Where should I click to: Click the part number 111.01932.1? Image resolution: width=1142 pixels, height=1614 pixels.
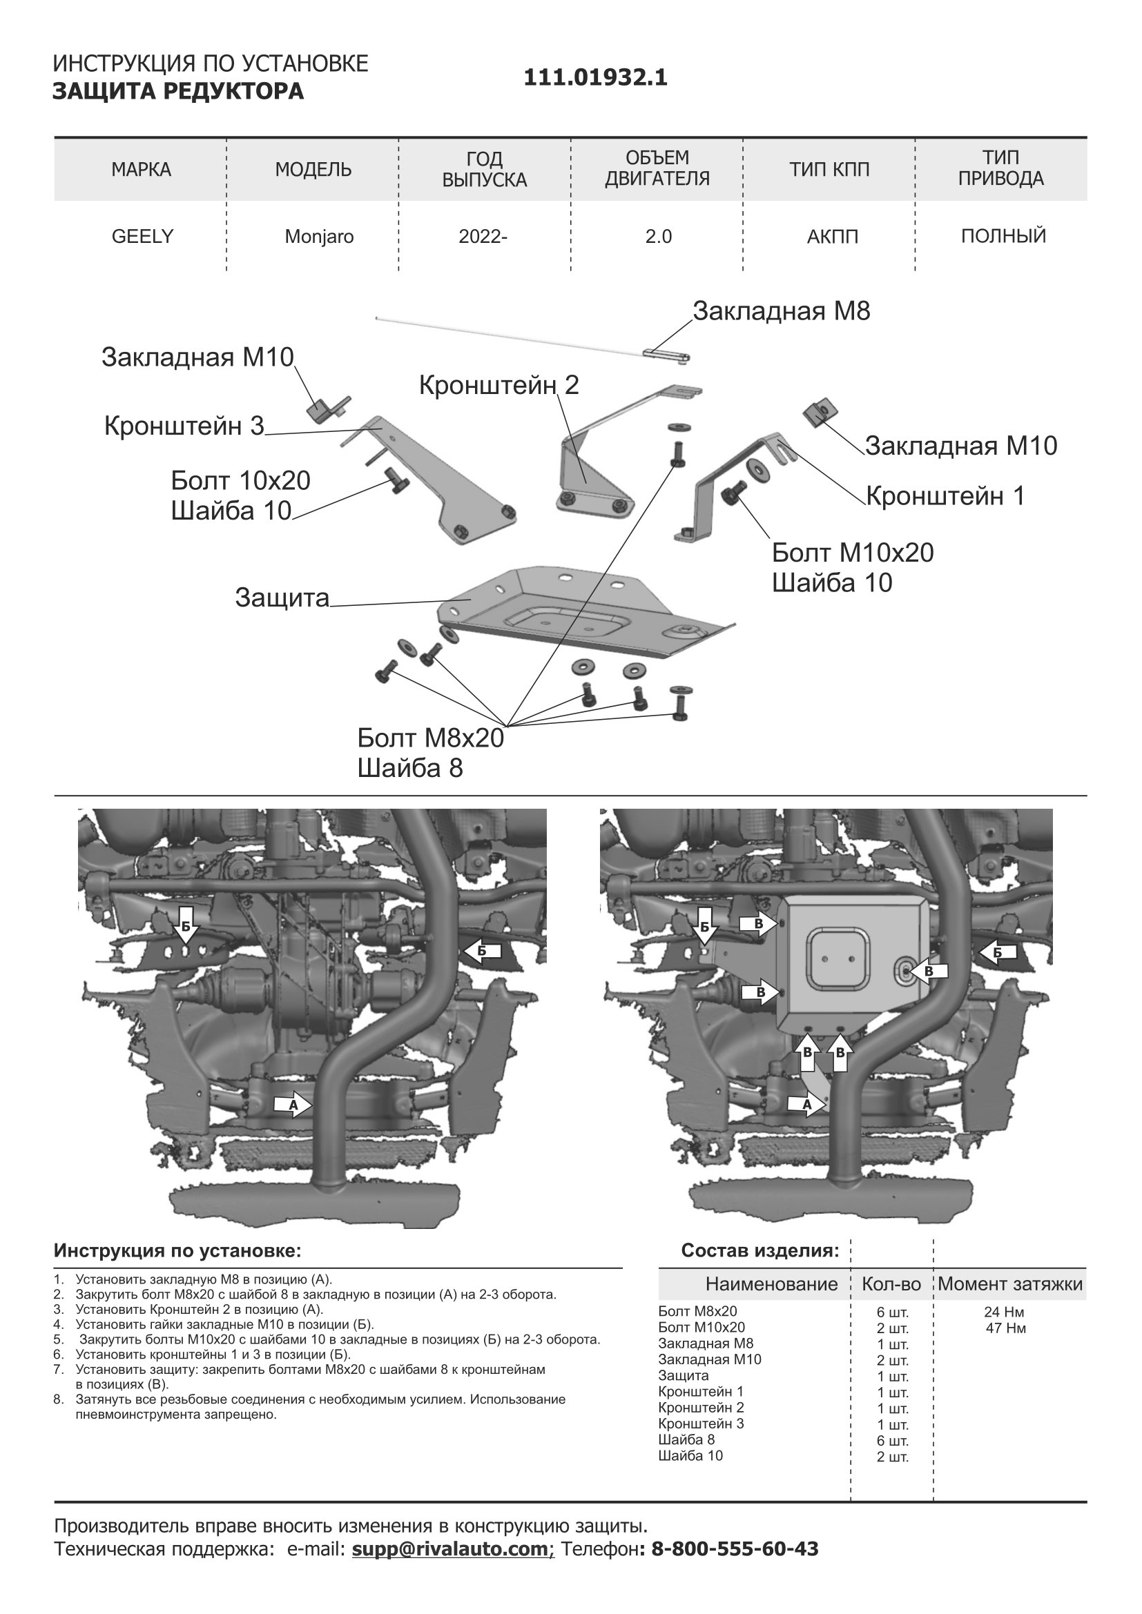[x=595, y=77]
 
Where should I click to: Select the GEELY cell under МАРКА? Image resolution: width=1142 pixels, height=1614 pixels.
[x=142, y=237]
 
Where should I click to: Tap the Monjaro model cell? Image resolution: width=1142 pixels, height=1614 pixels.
[x=319, y=237]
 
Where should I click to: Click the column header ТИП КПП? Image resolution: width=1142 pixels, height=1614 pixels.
[x=829, y=170]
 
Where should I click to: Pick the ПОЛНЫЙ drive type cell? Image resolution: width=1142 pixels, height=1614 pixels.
[x=1003, y=236]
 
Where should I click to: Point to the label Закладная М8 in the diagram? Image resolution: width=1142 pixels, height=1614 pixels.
[x=782, y=311]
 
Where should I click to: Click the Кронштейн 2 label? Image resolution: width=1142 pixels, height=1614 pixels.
[x=499, y=385]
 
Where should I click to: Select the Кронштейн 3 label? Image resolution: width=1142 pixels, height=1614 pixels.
[x=184, y=426]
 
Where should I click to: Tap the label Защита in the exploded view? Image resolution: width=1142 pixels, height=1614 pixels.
[x=282, y=598]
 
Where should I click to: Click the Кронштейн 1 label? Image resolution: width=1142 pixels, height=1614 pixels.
[x=945, y=496]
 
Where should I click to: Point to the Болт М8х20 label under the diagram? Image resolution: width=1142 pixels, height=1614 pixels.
[x=430, y=738]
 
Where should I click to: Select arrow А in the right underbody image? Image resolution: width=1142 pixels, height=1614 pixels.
[x=806, y=1104]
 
